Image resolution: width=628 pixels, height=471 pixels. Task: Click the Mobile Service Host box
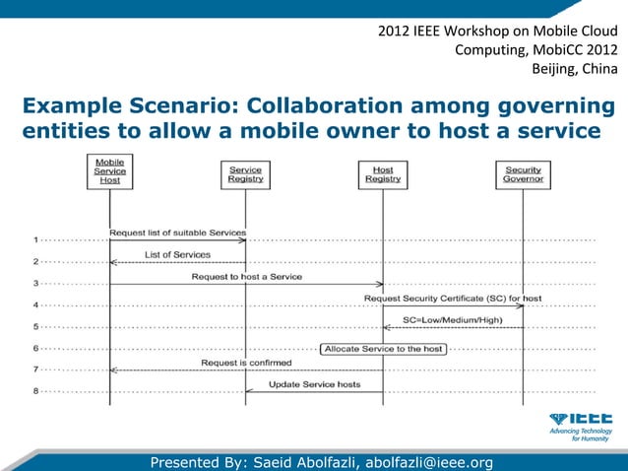click(109, 170)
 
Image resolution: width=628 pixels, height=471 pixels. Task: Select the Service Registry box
click(245, 174)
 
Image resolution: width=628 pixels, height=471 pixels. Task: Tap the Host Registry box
click(383, 174)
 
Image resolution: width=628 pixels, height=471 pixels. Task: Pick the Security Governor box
click(523, 174)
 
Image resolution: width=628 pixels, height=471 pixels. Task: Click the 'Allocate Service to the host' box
click(383, 349)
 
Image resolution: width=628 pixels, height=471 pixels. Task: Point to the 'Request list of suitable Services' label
click(177, 233)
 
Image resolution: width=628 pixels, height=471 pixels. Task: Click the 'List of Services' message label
click(177, 254)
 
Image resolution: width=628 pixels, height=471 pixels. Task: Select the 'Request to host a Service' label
click(246, 277)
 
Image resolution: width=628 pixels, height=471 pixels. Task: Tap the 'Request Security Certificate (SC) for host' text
click(453, 298)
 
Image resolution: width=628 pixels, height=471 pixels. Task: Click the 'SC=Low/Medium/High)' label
click(452, 320)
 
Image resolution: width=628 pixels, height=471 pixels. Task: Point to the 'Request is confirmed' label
click(245, 363)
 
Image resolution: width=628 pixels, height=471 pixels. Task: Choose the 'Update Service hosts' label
click(315, 384)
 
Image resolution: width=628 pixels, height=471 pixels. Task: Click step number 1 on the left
click(35, 239)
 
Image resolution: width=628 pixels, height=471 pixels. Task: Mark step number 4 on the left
click(35, 304)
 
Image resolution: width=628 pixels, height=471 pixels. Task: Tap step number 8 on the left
click(35, 391)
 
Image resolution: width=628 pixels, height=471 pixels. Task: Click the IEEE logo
click(581, 419)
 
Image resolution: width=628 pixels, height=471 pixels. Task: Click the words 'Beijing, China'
click(575, 68)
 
